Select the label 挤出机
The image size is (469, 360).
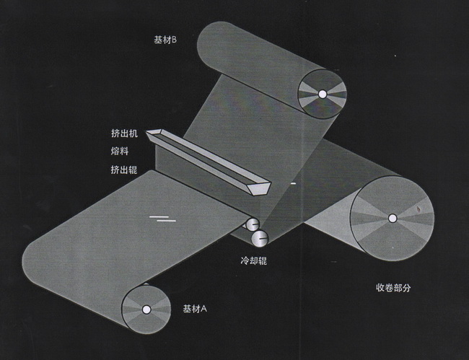tap(123, 133)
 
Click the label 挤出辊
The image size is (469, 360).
tap(123, 170)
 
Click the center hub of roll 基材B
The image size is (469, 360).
tap(322, 93)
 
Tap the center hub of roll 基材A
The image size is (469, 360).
tap(146, 309)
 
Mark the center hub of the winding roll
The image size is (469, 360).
tap(392, 218)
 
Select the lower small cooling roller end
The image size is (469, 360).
tap(258, 236)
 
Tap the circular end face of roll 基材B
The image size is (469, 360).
tap(322, 93)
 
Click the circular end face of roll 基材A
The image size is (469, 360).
tap(146, 309)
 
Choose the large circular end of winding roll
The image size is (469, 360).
tap(392, 218)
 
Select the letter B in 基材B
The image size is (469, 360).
tap(175, 40)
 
